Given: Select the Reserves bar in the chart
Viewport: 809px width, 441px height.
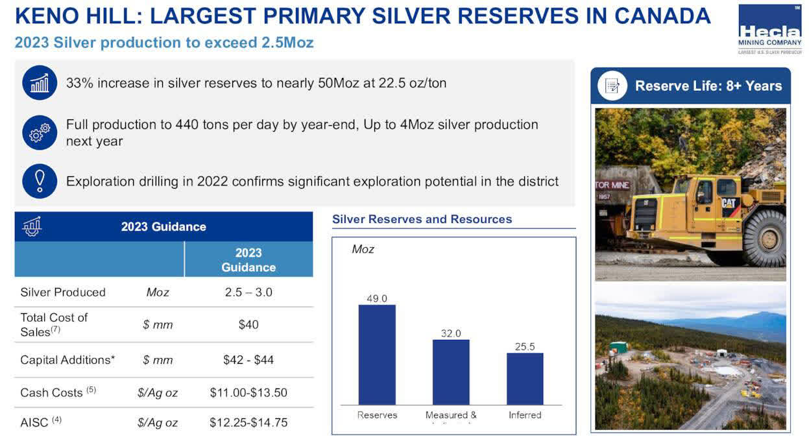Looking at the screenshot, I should tap(376, 354).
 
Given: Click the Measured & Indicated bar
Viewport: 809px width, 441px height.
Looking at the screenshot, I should tap(451, 372).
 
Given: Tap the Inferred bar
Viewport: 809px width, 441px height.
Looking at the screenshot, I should tap(525, 378).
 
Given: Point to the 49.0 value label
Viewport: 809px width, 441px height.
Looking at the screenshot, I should tap(376, 298).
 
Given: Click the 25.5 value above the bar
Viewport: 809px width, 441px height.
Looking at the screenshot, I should tap(525, 347).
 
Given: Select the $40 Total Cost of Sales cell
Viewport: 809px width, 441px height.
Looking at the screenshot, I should tap(248, 324).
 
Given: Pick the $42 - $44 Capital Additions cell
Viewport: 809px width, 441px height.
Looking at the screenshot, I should tap(248, 359).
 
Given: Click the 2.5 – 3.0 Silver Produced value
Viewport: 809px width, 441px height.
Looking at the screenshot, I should tap(248, 292).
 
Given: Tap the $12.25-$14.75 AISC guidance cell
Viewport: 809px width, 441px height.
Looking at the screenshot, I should tap(248, 422).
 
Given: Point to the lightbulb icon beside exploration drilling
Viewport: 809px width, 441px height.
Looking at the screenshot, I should tap(40, 181).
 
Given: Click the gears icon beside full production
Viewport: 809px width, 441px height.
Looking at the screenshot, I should tap(40, 132).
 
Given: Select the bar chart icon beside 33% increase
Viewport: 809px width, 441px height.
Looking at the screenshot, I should tap(40, 83).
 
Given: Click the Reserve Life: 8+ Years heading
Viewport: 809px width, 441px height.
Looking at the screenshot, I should tap(708, 86).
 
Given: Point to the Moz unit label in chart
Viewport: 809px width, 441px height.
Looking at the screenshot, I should tap(363, 249).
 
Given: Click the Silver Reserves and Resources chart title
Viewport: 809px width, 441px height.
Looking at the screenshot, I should tap(422, 219).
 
